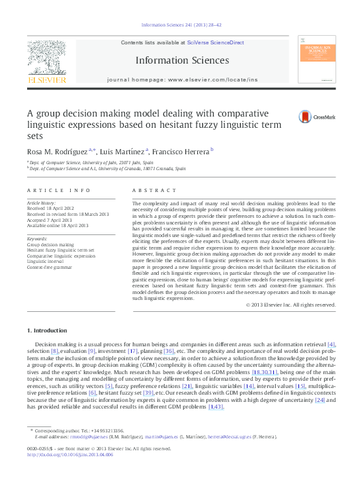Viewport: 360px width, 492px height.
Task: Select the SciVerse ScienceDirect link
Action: pyautogui.click(x=216, y=42)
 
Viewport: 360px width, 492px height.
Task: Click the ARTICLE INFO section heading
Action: pyautogui.click(x=60, y=190)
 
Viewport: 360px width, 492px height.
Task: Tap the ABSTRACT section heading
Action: pyautogui.click(x=155, y=190)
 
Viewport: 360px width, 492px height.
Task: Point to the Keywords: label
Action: pyautogui.click(x=37, y=238)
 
